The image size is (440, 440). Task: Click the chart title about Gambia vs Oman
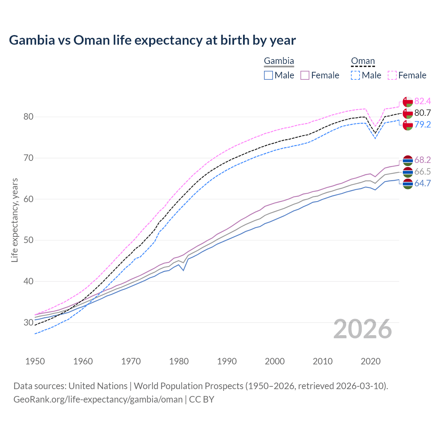[x=152, y=40]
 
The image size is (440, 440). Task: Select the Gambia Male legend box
[x=268, y=75]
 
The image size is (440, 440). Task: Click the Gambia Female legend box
[x=305, y=75]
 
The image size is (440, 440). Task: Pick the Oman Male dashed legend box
[x=355, y=75]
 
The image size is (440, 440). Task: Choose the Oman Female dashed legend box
[x=392, y=75]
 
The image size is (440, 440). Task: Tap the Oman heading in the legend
[x=363, y=61]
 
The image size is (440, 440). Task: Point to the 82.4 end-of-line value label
[x=422, y=101]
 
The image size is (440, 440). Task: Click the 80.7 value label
[x=422, y=113]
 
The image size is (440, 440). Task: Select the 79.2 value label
[x=422, y=124]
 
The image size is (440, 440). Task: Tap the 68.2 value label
[x=422, y=160]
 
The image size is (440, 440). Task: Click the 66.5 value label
[x=422, y=172]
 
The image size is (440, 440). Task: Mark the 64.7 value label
[x=422, y=183]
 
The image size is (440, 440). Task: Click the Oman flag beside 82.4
[x=408, y=102]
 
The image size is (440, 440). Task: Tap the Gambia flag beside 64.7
[x=408, y=184]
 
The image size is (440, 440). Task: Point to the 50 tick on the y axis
[x=29, y=240]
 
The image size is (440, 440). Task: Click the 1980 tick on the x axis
[x=179, y=361]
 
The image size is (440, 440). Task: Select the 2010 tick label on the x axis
[x=322, y=361]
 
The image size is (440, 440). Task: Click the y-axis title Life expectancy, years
[x=14, y=220]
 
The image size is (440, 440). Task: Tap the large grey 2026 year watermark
[x=362, y=329]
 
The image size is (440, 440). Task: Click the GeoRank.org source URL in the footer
[x=98, y=399]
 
